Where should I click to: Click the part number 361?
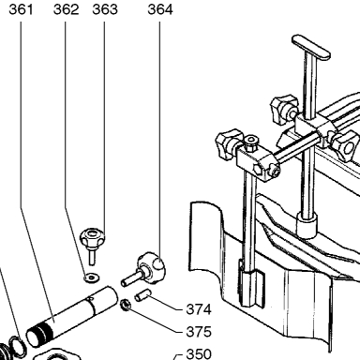(21, 9)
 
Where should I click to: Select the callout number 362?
(66, 9)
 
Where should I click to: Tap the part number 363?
(105, 9)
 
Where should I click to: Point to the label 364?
(160, 9)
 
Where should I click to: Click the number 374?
(199, 309)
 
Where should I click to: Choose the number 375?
(199, 332)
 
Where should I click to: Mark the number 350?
(199, 354)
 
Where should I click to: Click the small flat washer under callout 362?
(91, 277)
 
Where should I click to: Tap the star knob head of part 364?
(152, 268)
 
